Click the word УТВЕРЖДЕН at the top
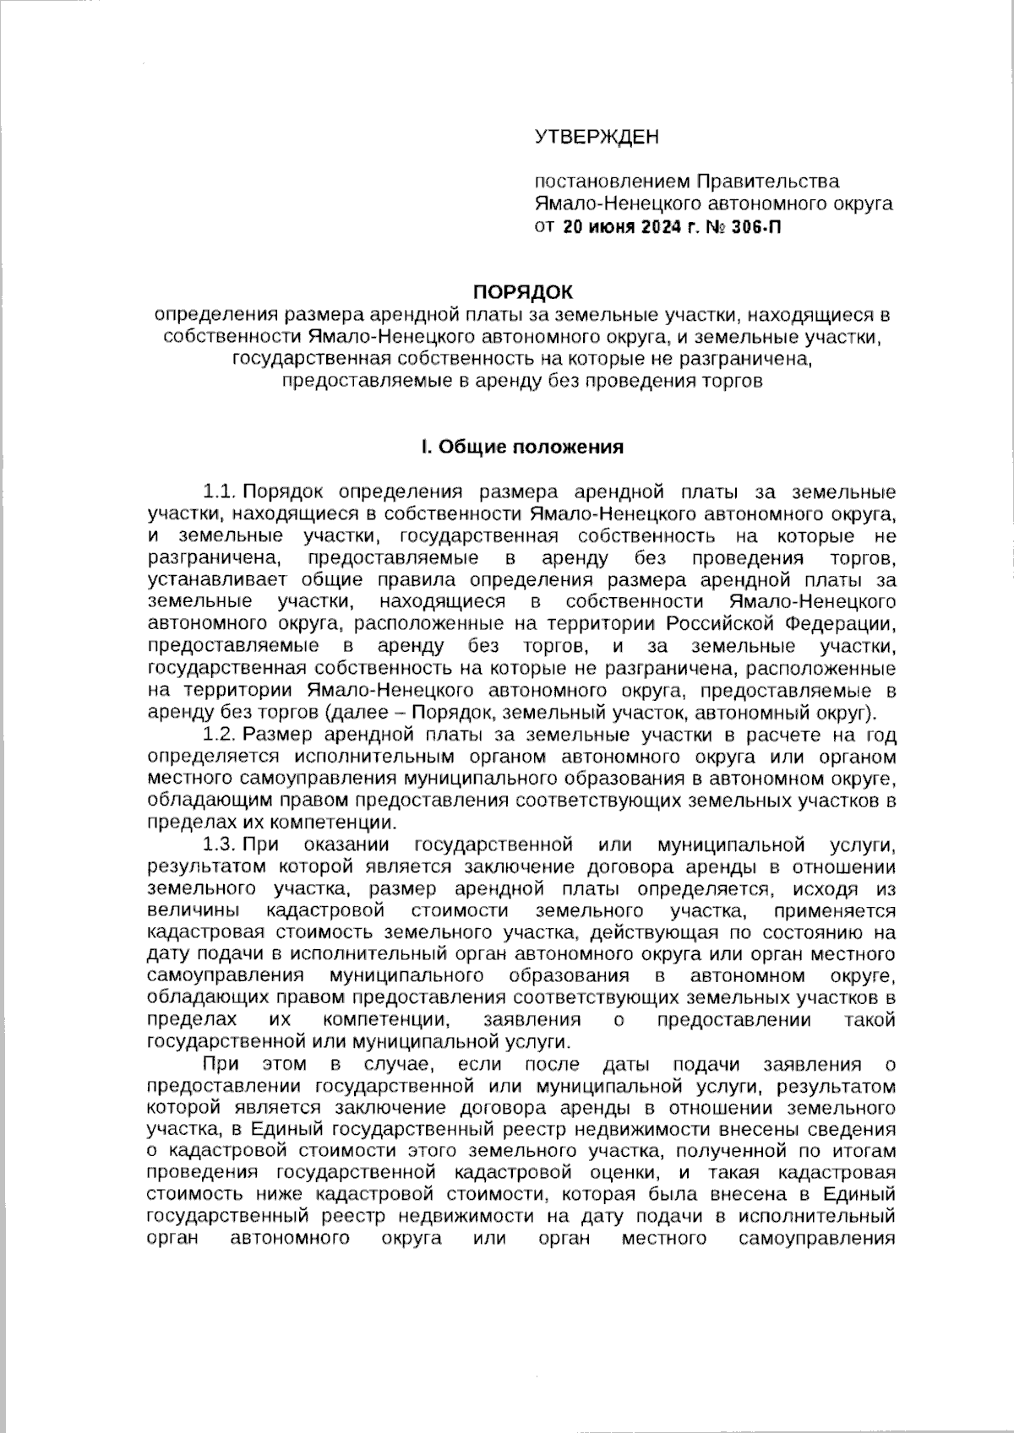point(596,137)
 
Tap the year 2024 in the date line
point(655,227)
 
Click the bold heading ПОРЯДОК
point(521,292)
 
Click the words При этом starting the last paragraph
point(253,1064)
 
